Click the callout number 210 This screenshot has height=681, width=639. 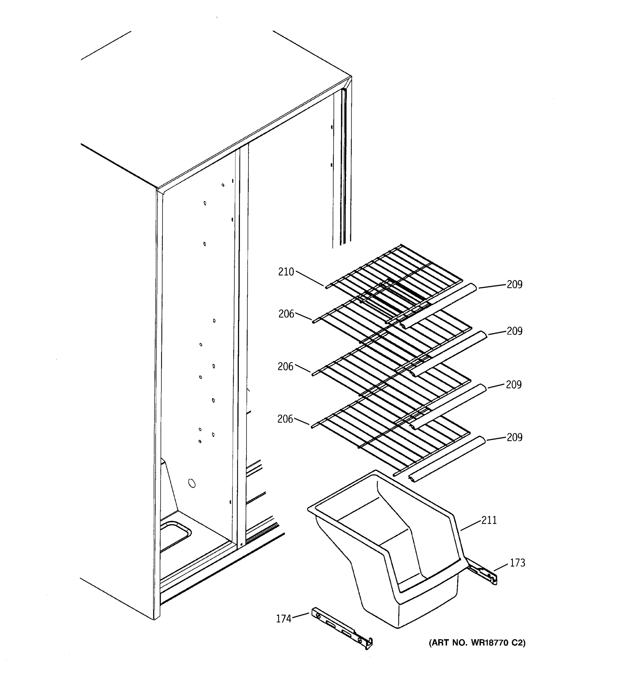(x=286, y=272)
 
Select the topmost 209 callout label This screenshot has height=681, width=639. (x=515, y=284)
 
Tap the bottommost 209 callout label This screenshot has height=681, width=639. (x=515, y=438)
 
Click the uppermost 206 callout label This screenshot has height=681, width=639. (x=286, y=314)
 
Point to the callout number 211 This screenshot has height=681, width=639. (x=489, y=520)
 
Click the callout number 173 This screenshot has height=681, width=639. (x=517, y=563)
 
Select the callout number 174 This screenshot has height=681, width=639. (x=283, y=619)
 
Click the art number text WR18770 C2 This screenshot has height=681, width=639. (x=477, y=643)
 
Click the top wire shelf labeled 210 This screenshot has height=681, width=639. (x=394, y=274)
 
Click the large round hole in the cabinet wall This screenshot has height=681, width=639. (x=192, y=483)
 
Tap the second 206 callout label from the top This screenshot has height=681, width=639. (x=285, y=367)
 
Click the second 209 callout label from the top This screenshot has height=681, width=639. (x=515, y=331)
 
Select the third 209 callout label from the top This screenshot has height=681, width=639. (x=513, y=385)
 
